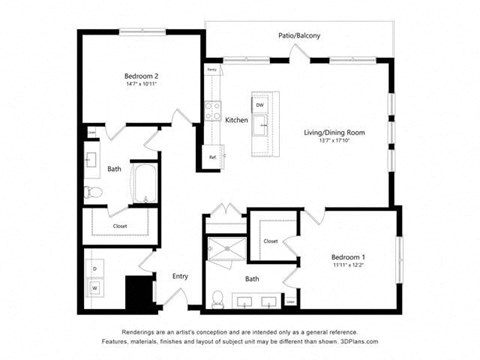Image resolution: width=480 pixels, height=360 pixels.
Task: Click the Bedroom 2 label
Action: [x=142, y=76]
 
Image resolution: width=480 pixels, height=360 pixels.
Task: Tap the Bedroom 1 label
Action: [x=350, y=259]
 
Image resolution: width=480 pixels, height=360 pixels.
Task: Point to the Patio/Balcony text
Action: [x=299, y=36]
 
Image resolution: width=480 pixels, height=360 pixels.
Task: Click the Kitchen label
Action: [x=236, y=120]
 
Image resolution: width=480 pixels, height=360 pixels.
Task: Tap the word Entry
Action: [x=180, y=276]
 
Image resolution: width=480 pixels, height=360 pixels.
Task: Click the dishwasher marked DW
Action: [x=260, y=105]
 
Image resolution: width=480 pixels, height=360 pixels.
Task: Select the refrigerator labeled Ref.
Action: [x=212, y=157]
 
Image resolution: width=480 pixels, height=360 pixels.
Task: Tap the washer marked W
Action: [x=95, y=288]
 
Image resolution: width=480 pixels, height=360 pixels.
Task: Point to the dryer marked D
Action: [x=95, y=268]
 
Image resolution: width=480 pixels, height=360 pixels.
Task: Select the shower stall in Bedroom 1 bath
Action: [x=224, y=251]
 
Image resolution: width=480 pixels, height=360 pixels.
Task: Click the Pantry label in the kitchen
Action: [x=211, y=71]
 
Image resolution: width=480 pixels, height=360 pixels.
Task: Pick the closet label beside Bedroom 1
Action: [x=271, y=241]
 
